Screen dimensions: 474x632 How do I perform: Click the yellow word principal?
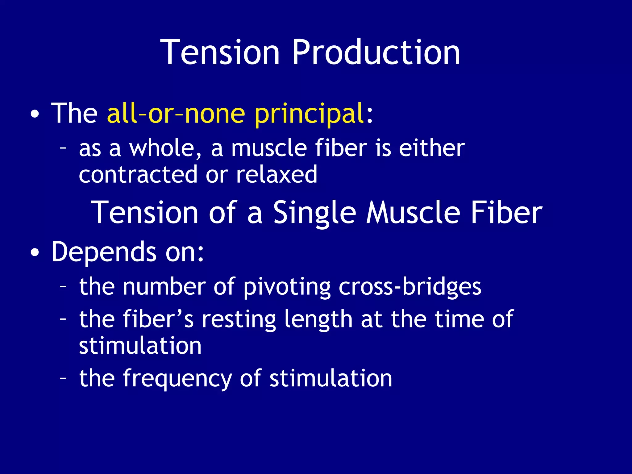(x=309, y=114)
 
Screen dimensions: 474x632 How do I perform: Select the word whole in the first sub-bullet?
(x=165, y=148)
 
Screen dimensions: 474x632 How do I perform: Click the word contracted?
(x=138, y=174)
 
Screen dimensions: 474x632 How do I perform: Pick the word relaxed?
(x=276, y=174)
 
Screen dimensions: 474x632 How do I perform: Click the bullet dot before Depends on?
(x=35, y=253)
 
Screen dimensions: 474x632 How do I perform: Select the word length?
(x=318, y=320)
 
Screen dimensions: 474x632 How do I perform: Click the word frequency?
(x=177, y=379)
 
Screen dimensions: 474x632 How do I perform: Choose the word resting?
(x=239, y=320)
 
